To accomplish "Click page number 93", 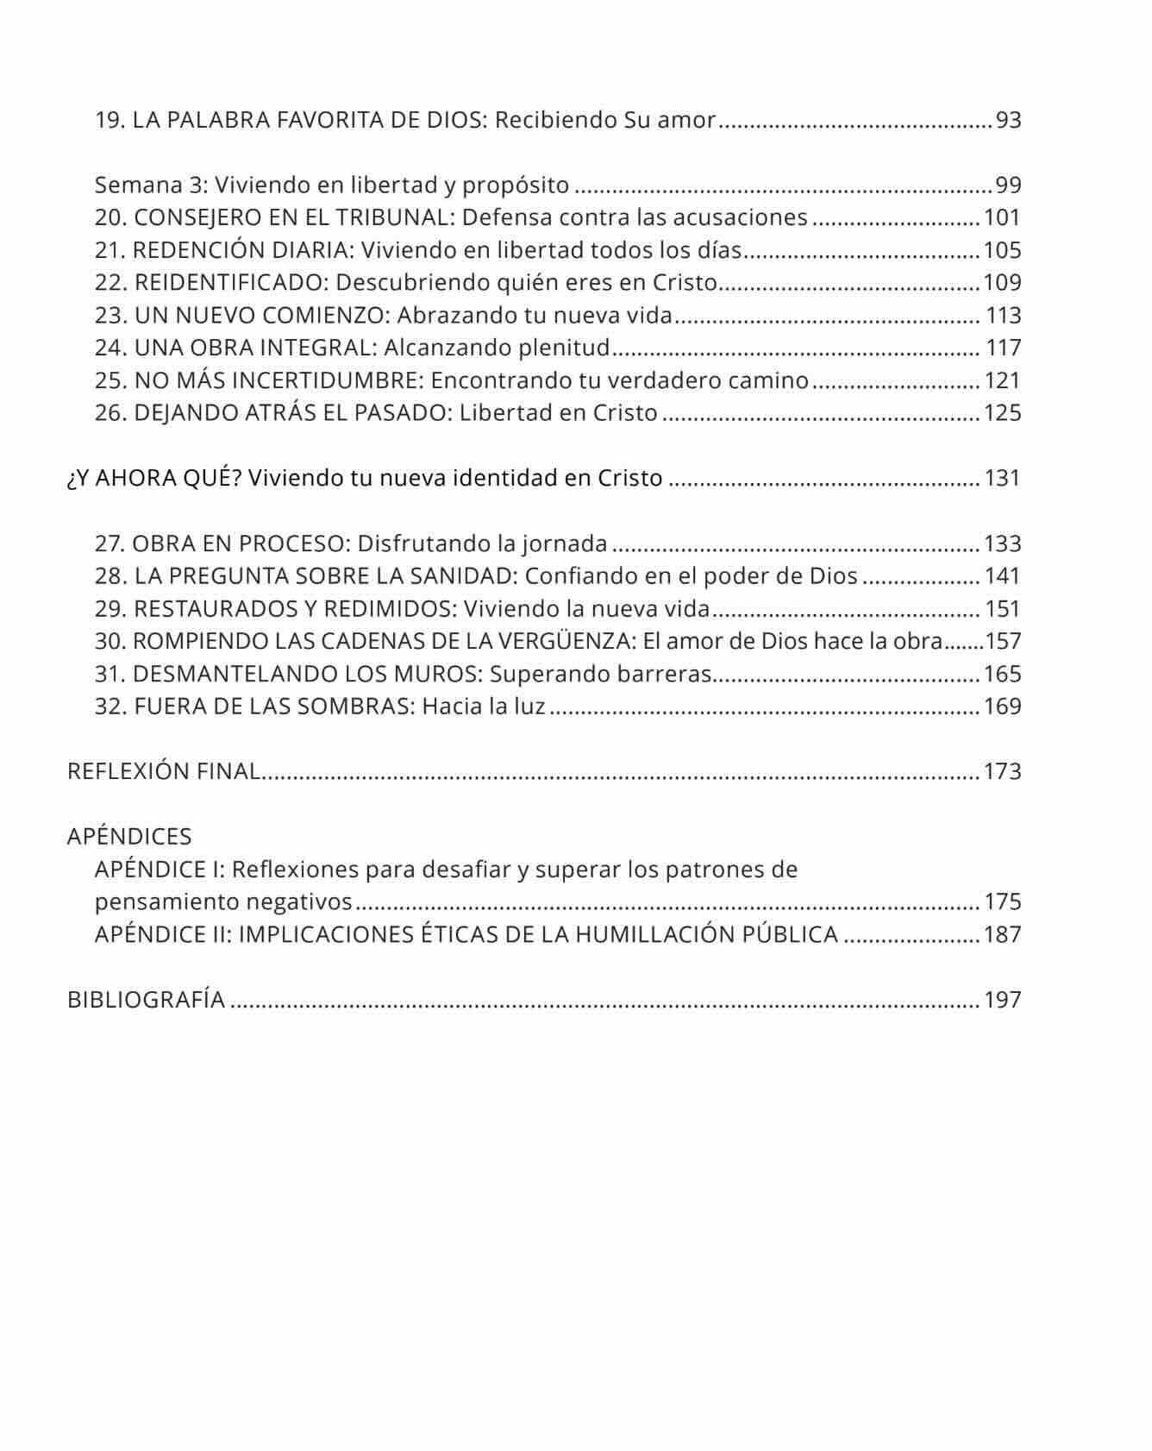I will coord(1008,120).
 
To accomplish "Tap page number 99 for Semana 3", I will coord(1008,185).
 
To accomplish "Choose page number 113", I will coord(1004,316).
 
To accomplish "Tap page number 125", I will coord(1002,413).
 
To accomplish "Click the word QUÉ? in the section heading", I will coord(212,478).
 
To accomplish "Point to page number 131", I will coord(1002,478).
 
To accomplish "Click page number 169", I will coord(1002,707).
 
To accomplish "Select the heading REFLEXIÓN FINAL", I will coord(164,771).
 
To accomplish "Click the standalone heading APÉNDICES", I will coord(129,837).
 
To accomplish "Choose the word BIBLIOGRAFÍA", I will coord(146,1000).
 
